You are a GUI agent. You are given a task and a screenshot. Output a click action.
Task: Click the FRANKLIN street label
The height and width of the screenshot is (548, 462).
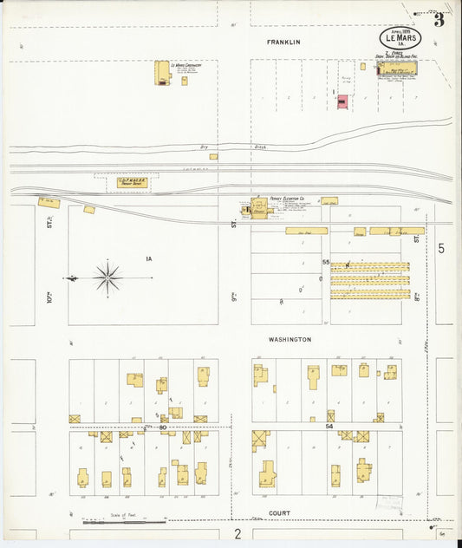tap(283, 42)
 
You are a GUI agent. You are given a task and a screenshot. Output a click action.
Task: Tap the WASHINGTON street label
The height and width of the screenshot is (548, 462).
tap(290, 340)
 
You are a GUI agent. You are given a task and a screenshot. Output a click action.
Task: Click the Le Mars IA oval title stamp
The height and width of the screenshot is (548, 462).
tap(400, 39)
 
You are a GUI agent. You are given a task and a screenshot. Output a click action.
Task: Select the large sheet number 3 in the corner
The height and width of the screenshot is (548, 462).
tap(439, 20)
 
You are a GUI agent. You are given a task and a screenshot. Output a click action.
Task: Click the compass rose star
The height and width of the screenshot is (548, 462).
tap(107, 278)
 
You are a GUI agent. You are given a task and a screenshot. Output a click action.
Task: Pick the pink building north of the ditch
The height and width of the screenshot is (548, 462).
tap(342, 102)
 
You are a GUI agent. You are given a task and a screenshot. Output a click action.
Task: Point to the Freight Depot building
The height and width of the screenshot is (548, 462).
tap(130, 183)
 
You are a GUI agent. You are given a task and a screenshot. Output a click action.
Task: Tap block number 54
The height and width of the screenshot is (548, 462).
tap(329, 427)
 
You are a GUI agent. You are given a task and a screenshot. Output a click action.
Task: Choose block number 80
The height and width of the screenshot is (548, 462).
tap(162, 427)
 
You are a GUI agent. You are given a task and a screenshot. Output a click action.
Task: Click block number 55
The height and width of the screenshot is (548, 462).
tap(326, 262)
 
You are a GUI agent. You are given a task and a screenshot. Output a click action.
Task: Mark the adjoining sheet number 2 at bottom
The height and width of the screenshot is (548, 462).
tap(238, 533)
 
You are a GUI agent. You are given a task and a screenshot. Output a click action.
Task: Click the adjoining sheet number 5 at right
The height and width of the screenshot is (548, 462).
tap(440, 249)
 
